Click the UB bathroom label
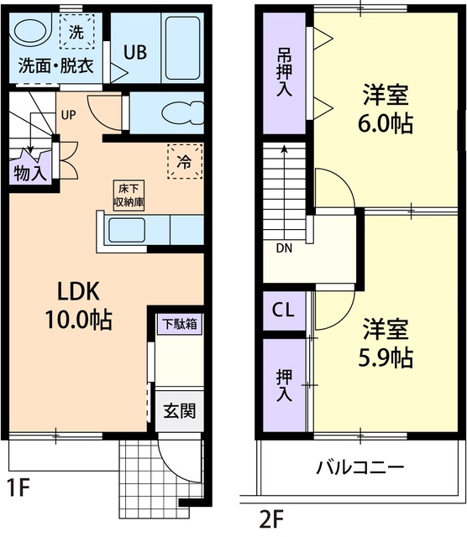(x=135, y=52)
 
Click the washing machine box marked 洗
(x=76, y=34)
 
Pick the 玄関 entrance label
(x=180, y=411)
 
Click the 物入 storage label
(x=29, y=172)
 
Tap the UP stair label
(x=68, y=116)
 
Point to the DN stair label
(x=284, y=248)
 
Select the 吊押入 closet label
(x=285, y=74)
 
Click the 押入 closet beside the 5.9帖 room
(x=285, y=385)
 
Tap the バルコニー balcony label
(x=360, y=467)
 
